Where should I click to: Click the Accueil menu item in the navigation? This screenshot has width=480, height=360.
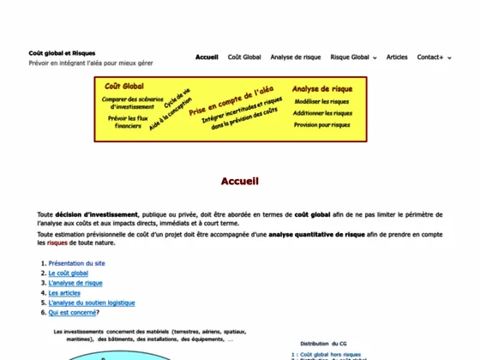pos(207,57)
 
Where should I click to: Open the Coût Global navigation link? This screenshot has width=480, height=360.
pos(244,57)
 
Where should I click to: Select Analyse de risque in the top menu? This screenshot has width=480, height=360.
pos(296,57)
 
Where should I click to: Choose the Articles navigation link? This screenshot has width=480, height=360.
pos(397,57)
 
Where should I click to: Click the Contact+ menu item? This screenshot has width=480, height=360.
pos(432,57)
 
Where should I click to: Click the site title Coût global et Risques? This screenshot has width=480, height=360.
pos(63,52)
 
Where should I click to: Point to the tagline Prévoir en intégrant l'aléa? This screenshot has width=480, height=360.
pos(103,63)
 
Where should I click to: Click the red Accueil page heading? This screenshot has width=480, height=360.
pos(239,181)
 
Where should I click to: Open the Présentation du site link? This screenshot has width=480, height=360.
pos(77,263)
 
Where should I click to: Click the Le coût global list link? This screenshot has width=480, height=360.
pos(69,273)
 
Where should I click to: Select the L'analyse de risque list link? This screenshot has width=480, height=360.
pos(75,283)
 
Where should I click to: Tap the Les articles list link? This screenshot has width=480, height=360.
pos(64,293)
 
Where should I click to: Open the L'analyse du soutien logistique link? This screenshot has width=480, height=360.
pos(92,303)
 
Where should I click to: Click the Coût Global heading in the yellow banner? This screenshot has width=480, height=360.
pos(124,87)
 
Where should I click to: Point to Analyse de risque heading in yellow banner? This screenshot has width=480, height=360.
pos(322,88)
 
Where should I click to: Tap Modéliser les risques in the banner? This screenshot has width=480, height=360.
pos(322,101)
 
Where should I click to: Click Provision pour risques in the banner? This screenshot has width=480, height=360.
pos(322,124)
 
